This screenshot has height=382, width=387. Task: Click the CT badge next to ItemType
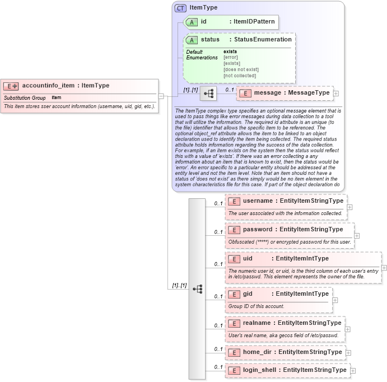[180, 8]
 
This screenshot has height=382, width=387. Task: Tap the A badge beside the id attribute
[192, 22]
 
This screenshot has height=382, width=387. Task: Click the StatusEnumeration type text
[263, 40]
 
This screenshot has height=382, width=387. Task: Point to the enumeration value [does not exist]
[241, 69]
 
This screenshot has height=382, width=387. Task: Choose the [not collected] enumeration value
[240, 75]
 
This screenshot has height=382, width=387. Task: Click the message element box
[285, 93]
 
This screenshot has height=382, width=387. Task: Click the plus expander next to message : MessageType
[336, 93]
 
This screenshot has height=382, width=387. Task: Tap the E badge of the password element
[234, 230]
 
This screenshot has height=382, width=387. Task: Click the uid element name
[248, 259]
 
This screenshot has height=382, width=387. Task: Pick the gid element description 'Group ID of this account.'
[256, 306]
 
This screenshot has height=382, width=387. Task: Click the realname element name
[258, 323]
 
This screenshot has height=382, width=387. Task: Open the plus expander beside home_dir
[348, 353]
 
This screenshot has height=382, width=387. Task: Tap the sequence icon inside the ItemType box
[208, 93]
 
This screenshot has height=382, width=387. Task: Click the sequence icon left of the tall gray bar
[197, 289]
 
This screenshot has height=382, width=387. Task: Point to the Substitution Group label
[24, 98]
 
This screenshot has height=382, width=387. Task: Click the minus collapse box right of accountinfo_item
[161, 96]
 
